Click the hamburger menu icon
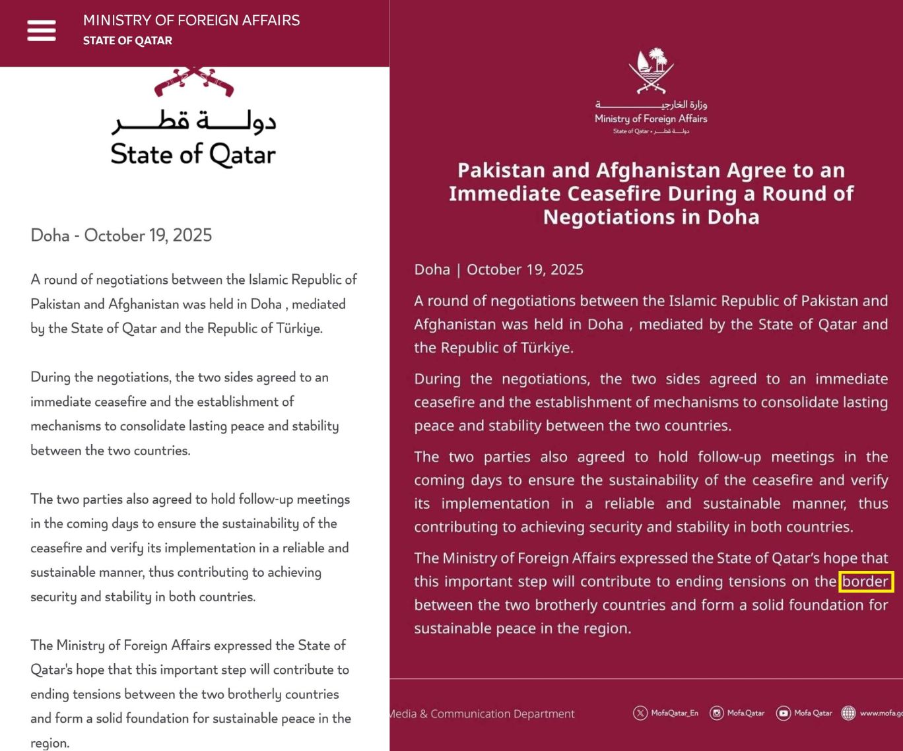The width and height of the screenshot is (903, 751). point(41,30)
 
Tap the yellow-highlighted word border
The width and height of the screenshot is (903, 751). point(865,581)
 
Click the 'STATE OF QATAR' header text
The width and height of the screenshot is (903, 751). point(127,41)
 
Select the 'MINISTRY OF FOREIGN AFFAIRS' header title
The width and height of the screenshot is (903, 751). point(191,20)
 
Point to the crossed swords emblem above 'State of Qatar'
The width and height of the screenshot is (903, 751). point(194,81)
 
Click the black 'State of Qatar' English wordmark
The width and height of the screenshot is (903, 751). point(193,154)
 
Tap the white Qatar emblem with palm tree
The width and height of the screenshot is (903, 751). point(651,70)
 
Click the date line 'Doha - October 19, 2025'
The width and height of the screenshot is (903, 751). point(121,236)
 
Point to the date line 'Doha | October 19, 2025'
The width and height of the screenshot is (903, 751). point(498,269)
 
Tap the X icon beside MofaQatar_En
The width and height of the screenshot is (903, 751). point(640,713)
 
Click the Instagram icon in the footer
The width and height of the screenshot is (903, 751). point(716,713)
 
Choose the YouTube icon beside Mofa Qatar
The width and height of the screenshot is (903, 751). point(783,713)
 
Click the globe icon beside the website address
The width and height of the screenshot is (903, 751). point(848,713)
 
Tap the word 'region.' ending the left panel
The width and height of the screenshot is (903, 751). point(50,743)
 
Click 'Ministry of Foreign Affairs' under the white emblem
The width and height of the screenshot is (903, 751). point(651,119)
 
